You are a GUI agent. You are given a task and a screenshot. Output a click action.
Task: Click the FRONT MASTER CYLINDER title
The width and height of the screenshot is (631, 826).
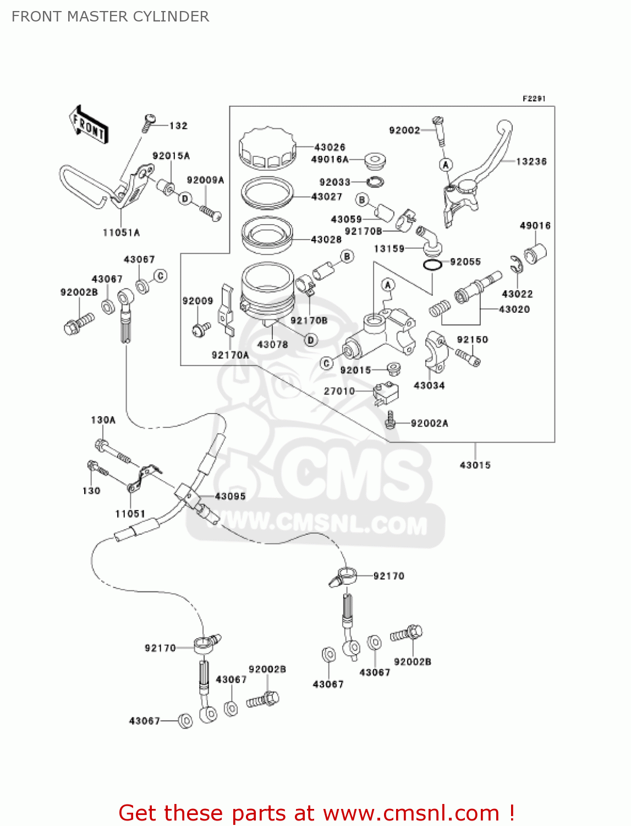(x=110, y=17)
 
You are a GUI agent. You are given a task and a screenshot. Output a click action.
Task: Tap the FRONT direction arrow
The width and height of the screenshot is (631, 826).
(x=89, y=126)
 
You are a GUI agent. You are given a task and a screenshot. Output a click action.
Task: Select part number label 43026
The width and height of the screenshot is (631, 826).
(x=330, y=147)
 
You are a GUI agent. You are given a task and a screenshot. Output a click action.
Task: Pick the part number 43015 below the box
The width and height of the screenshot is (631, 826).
(x=475, y=465)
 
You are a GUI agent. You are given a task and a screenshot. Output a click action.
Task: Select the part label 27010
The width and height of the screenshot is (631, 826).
(x=339, y=391)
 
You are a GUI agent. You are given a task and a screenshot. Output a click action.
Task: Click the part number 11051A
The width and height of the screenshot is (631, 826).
(x=121, y=232)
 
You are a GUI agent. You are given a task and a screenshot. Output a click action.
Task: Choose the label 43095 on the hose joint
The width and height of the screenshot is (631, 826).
(x=230, y=496)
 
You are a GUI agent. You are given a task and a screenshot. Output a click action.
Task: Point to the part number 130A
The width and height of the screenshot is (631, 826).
(x=103, y=420)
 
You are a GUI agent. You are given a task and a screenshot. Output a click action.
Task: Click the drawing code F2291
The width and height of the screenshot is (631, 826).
(x=534, y=99)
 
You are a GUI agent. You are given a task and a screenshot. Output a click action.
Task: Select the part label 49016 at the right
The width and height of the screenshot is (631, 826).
(x=535, y=225)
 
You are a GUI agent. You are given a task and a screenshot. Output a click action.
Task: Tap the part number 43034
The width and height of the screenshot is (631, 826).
(x=429, y=385)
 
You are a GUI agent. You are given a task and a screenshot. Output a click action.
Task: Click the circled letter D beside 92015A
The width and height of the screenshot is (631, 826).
(x=185, y=198)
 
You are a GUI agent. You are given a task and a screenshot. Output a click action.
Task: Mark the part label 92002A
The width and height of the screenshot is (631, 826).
(x=429, y=423)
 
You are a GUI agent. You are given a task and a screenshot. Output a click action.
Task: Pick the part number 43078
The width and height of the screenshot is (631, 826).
(x=272, y=344)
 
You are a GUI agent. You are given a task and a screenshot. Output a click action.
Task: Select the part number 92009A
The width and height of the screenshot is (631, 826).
(x=205, y=180)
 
